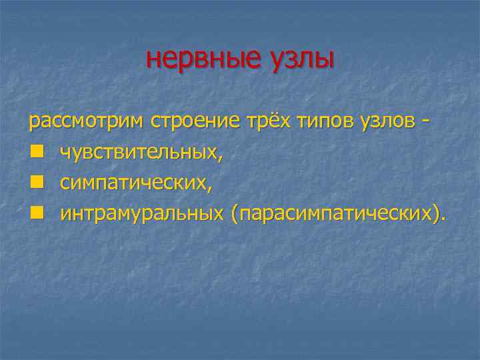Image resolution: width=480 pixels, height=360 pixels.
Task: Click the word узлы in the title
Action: [301, 59]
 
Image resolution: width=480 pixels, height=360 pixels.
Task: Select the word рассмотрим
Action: [86, 123]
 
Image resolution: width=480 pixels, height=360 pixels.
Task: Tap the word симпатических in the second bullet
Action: [133, 183]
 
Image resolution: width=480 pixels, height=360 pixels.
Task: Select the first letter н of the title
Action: [153, 60]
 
